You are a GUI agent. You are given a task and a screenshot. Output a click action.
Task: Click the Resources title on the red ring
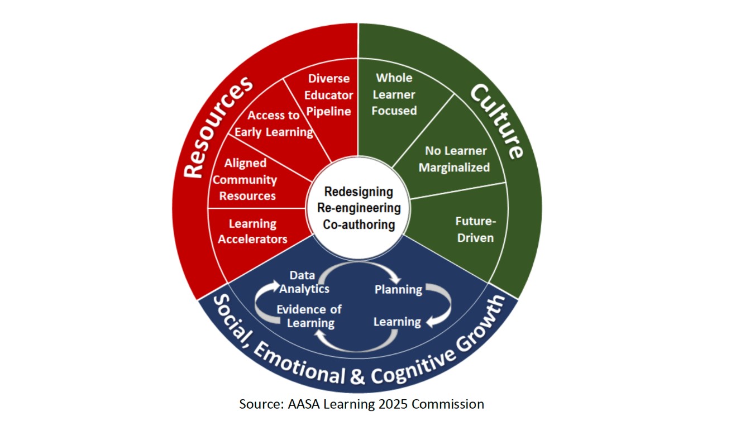[218, 128]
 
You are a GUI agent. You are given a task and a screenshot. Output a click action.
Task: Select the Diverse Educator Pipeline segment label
[328, 95]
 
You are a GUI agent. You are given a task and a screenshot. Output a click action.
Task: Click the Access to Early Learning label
[274, 124]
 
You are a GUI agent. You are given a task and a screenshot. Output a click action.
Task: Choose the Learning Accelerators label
[252, 231]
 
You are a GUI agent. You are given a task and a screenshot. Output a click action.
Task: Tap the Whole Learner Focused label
[394, 94]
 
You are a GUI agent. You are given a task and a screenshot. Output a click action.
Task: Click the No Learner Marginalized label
[455, 159]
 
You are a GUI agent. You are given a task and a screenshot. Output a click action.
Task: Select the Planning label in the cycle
[398, 289]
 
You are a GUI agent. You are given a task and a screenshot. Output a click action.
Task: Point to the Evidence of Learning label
[309, 316]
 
